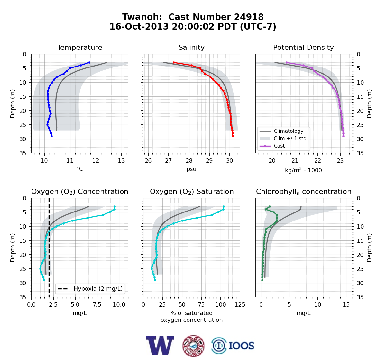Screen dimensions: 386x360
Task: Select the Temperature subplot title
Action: point(79,47)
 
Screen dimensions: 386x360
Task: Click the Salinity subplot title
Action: point(191,47)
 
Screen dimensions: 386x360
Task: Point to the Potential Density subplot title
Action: point(303,47)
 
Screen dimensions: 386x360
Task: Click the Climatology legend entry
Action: point(289,131)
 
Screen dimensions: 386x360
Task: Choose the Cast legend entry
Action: point(279,146)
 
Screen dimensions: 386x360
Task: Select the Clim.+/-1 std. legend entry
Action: point(291,138)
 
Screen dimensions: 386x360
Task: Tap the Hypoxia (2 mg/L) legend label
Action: point(98,289)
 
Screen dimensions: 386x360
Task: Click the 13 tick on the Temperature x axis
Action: point(122,161)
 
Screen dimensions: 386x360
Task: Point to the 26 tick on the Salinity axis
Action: point(148,161)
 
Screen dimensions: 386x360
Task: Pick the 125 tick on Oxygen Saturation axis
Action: point(240,305)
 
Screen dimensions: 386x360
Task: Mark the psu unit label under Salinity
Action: point(191,169)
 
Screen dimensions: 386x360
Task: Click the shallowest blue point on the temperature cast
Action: point(89,63)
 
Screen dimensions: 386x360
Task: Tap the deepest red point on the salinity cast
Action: point(233,136)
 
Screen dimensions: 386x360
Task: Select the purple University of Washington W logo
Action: point(160,346)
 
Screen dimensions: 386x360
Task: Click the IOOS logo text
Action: point(242,346)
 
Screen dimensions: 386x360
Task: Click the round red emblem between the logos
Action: point(193,346)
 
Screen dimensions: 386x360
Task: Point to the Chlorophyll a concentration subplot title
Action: point(304,192)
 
